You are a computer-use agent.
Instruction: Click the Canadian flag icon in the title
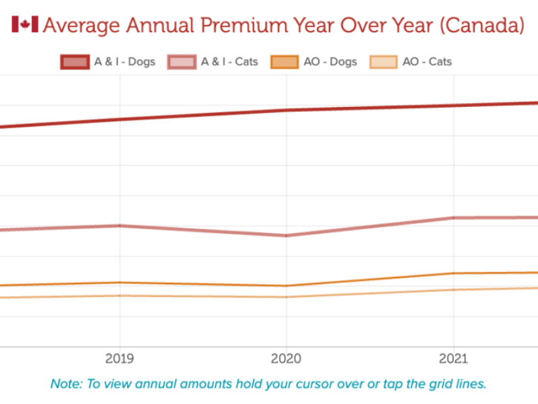pos(25,25)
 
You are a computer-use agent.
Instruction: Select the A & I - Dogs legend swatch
pos(74,62)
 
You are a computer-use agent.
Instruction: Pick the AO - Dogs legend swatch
pos(284,62)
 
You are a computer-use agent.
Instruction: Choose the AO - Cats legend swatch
pos(383,62)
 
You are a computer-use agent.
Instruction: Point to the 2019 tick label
pos(120,360)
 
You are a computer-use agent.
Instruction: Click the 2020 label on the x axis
pos(286,360)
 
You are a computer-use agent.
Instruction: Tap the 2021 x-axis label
pos(454,360)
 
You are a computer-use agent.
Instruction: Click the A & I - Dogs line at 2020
pos(286,110)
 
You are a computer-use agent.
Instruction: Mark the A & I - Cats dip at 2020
pos(286,236)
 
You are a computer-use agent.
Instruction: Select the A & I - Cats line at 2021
pos(454,217)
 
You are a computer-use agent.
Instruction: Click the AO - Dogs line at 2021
pos(454,273)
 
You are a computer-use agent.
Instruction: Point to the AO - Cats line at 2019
pos(120,296)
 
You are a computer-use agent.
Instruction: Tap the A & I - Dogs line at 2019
pos(120,119)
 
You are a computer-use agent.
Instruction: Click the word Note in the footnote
pos(66,384)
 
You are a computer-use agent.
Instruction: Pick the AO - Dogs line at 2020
pos(286,285)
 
